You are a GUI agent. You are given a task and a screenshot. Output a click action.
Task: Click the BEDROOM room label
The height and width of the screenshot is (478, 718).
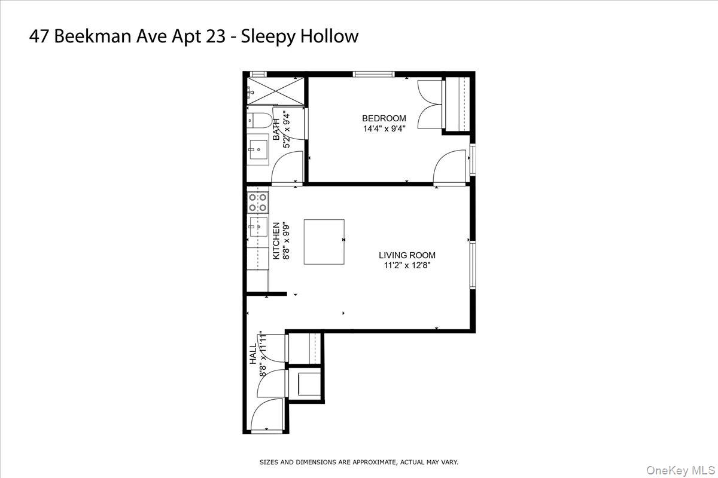tap(384, 118)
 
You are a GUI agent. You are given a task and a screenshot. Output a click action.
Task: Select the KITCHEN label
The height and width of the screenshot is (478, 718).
tap(276, 241)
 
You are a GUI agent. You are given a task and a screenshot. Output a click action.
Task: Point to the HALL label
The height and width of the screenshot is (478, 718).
tap(252, 354)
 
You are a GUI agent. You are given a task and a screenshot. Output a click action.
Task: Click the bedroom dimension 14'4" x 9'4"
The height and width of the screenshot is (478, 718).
tap(384, 128)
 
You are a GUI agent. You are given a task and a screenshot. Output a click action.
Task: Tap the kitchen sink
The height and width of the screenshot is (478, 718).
tap(258, 227)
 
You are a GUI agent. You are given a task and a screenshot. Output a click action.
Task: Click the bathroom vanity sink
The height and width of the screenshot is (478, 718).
tap(258, 149)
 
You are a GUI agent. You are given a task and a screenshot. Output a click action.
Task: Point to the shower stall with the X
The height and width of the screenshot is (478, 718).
tap(276, 93)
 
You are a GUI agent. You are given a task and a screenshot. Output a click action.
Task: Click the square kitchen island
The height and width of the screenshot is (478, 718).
tap(324, 241)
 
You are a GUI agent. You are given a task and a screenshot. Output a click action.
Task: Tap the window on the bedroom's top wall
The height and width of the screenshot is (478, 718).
tap(373, 74)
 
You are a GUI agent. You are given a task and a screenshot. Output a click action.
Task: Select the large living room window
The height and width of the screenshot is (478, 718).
tap(472, 266)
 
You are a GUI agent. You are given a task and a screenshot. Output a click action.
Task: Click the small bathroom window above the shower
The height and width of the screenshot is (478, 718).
tap(258, 74)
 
